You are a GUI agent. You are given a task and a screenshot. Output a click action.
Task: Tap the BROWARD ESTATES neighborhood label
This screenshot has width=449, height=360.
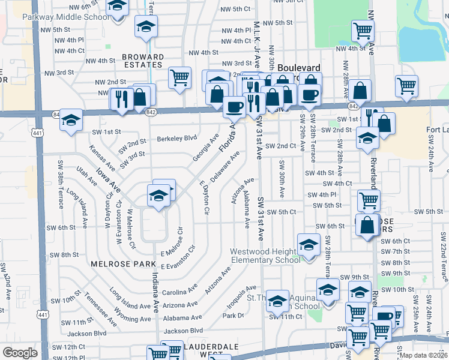(143, 61)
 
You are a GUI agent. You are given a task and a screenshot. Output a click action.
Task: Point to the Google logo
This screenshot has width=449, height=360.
(20, 353)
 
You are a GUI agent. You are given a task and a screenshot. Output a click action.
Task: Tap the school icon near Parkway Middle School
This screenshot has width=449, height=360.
(118, 6)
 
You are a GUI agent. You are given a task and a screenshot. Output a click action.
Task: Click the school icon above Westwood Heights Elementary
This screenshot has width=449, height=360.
(309, 244)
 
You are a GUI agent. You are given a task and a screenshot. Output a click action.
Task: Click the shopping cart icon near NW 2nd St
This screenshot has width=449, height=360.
(179, 77)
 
